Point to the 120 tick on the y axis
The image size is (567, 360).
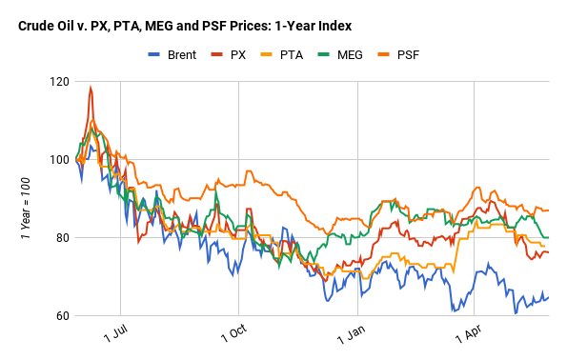[58, 81]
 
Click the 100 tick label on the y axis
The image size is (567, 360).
[58, 159]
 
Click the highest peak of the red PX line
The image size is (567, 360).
[91, 88]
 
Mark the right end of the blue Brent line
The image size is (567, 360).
[549, 297]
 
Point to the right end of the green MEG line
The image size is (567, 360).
[549, 237]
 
